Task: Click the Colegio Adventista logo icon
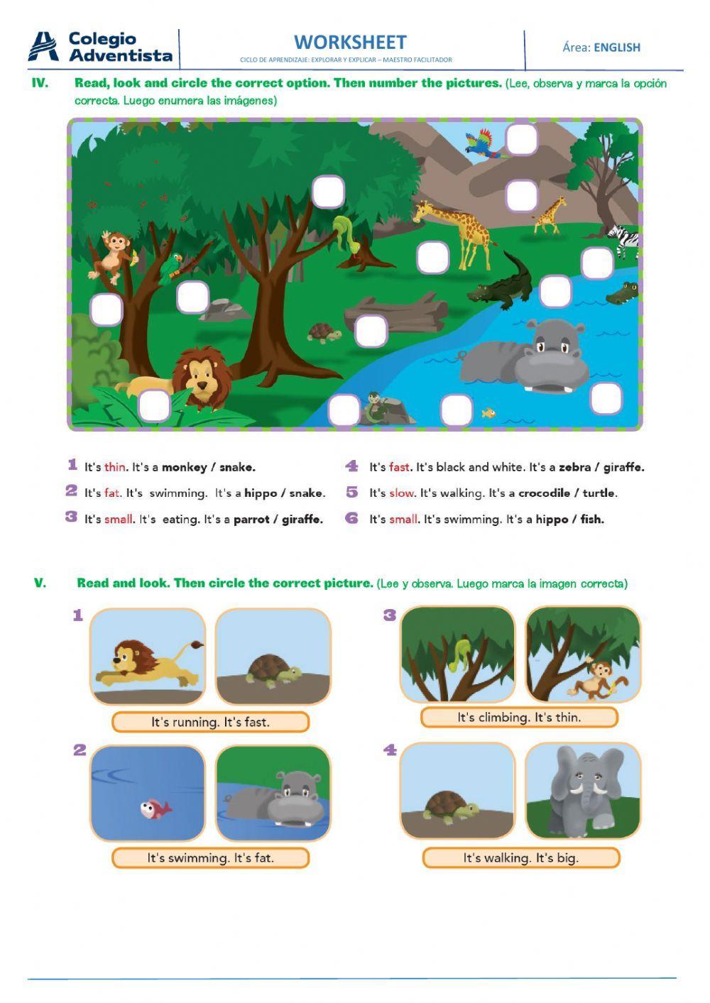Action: coord(43,47)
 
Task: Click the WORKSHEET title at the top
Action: coord(350,43)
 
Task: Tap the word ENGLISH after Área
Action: coord(617,48)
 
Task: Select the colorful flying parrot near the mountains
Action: coord(480,142)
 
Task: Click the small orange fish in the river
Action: coord(488,412)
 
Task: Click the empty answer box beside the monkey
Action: coord(106,309)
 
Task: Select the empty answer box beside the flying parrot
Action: coord(522,139)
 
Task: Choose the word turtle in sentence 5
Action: coord(599,493)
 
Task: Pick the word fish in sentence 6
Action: coord(591,519)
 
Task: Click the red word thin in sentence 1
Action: coord(114,467)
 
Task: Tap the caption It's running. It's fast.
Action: coord(210,722)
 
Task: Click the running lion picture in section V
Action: coord(148,657)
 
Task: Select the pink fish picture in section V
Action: coord(148,792)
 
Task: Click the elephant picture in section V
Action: coord(583,790)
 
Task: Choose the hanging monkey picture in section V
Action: coord(583,654)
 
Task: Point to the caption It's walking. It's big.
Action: coord(520,857)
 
